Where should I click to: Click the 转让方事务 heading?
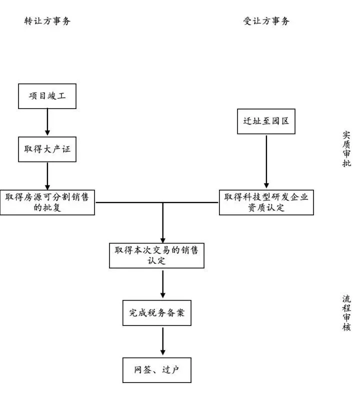47,21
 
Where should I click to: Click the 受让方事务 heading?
266,21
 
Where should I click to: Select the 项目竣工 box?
47,96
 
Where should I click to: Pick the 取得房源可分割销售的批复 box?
47,202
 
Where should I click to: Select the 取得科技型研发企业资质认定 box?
266,202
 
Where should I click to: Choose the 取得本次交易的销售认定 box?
156,255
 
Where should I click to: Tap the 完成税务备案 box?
156,313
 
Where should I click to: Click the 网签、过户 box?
156,370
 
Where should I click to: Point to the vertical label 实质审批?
346,149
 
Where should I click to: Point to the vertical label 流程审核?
346,313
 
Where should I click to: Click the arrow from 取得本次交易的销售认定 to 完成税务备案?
162,284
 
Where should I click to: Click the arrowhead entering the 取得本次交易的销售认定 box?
162,239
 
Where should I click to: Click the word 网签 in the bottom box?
142,370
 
